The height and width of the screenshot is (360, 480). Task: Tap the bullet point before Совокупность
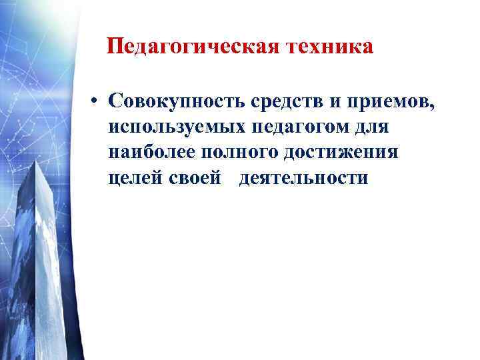pos(97,101)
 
